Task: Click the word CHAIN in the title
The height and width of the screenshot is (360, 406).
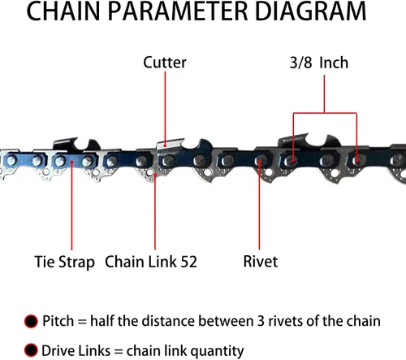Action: (63, 11)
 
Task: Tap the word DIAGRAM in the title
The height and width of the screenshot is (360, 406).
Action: (310, 11)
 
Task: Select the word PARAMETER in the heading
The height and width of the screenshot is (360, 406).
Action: (178, 11)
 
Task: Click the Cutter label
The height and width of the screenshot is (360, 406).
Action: (165, 63)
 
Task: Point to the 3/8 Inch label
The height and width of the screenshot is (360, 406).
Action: (319, 63)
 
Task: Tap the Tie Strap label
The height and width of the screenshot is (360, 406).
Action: (65, 262)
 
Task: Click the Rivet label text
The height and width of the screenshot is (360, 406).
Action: (261, 262)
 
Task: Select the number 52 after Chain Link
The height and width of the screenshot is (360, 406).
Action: (188, 262)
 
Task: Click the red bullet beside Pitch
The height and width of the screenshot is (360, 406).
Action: (31, 321)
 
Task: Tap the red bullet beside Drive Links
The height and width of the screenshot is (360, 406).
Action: (31, 350)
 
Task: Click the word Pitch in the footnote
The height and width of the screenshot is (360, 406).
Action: (58, 321)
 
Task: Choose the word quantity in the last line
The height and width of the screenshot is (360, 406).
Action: (218, 351)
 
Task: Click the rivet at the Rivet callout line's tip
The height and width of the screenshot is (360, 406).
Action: (259, 161)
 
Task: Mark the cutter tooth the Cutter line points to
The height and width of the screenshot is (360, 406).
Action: (170, 144)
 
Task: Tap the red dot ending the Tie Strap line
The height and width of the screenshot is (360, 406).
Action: (71, 162)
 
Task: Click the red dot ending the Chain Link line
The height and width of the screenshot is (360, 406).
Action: (155, 175)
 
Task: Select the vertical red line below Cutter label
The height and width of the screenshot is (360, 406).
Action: (165, 108)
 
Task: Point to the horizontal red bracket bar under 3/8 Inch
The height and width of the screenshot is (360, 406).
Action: (325, 113)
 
